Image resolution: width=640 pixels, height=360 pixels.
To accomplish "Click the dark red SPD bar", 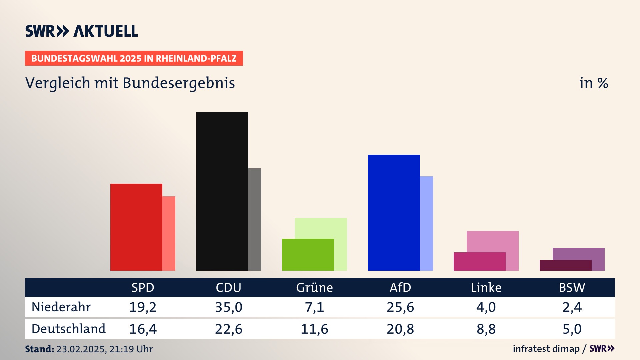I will coord(136,227).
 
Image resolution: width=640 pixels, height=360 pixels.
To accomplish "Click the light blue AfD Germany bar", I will coord(427,223).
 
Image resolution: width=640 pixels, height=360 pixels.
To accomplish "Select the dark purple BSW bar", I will coord(565,265).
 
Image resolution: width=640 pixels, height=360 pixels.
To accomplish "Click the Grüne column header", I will coord(314,288).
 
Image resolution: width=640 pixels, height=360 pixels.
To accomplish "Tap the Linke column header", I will coord(486,288).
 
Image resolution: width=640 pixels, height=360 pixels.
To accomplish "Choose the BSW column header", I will coord(572,288).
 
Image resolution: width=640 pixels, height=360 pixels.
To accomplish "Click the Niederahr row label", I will coord(61,307).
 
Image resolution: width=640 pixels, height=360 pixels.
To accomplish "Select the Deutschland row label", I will coord(68,329).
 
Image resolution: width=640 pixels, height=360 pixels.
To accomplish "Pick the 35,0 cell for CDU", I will coord(229,307).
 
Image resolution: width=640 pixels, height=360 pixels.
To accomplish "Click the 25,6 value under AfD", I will coord(400,307).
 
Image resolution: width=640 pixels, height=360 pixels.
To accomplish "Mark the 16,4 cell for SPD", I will coord(143,329).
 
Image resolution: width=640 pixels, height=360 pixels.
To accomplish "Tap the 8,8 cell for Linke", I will coord(486,329).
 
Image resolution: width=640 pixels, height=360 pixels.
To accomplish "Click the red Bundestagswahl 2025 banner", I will coord(134,58).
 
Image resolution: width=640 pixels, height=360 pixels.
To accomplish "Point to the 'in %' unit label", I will coord(594,83).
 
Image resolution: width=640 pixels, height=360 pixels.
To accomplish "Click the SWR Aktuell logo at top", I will coord(82,31).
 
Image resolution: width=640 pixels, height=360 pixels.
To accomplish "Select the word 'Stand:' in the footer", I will coord(39,349).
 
